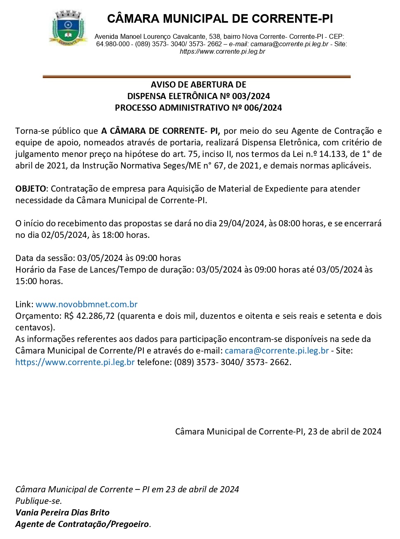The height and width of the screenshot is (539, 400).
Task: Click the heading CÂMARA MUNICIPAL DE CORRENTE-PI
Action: [x=219, y=19]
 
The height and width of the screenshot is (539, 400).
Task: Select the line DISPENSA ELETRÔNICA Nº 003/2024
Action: [x=198, y=96]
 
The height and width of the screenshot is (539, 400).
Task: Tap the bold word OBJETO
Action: [x=31, y=189]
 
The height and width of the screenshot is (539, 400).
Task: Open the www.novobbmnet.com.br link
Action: [x=86, y=304]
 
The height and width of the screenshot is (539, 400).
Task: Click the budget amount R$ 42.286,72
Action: [x=90, y=316]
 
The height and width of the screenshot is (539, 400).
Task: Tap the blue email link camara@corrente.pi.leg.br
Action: [x=277, y=351]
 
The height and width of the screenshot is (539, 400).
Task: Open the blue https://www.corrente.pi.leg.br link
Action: [x=75, y=362]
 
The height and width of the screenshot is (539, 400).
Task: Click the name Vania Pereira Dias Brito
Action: [x=62, y=513]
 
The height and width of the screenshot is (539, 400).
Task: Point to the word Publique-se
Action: [x=38, y=501]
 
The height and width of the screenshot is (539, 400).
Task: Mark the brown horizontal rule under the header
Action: [x=197, y=76]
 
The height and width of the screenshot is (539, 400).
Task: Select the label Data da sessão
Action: [x=45, y=258]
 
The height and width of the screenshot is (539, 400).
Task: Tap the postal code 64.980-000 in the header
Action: [x=113, y=44]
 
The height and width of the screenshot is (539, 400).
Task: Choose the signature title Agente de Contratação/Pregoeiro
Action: [x=82, y=524]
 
